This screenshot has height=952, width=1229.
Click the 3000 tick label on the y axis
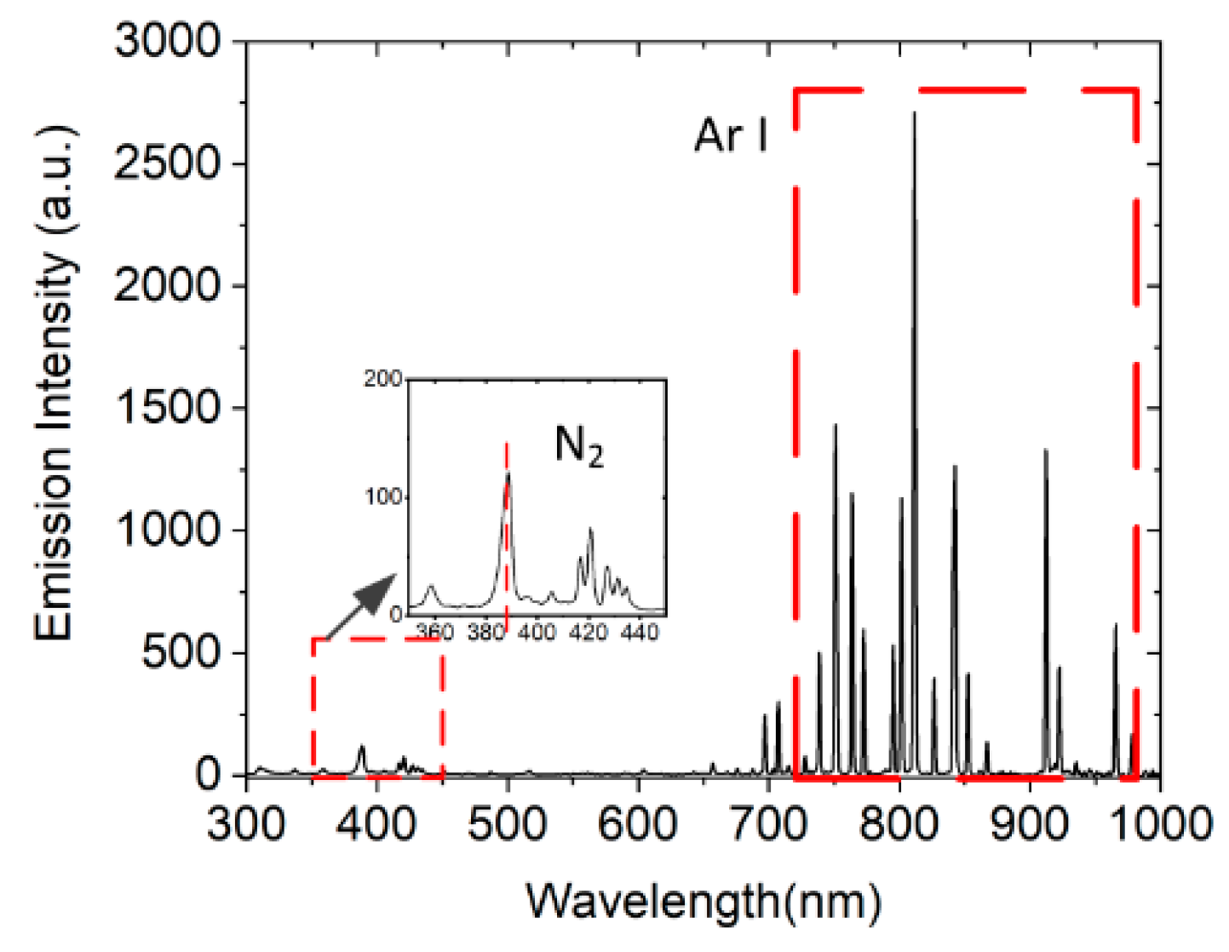coord(167,41)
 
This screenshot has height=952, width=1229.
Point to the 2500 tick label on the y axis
coord(167,163)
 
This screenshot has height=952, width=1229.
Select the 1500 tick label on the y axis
coord(167,407)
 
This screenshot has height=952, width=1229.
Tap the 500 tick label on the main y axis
coord(181,652)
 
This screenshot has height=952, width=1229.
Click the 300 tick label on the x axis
coord(246,823)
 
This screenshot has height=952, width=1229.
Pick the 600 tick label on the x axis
coord(637,823)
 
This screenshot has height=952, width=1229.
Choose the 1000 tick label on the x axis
coord(1158,823)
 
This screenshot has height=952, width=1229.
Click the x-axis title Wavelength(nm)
coord(704,901)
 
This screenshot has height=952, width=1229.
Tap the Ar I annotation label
coord(731,135)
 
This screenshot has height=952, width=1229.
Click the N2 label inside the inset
coord(579,445)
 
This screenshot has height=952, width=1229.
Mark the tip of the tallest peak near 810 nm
coord(914,113)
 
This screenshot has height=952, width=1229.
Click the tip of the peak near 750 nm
coord(835,425)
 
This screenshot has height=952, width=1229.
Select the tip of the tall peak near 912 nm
coord(1046,450)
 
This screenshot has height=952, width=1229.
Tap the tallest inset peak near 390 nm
coord(508,473)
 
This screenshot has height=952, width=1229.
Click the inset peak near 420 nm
coord(589,530)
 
